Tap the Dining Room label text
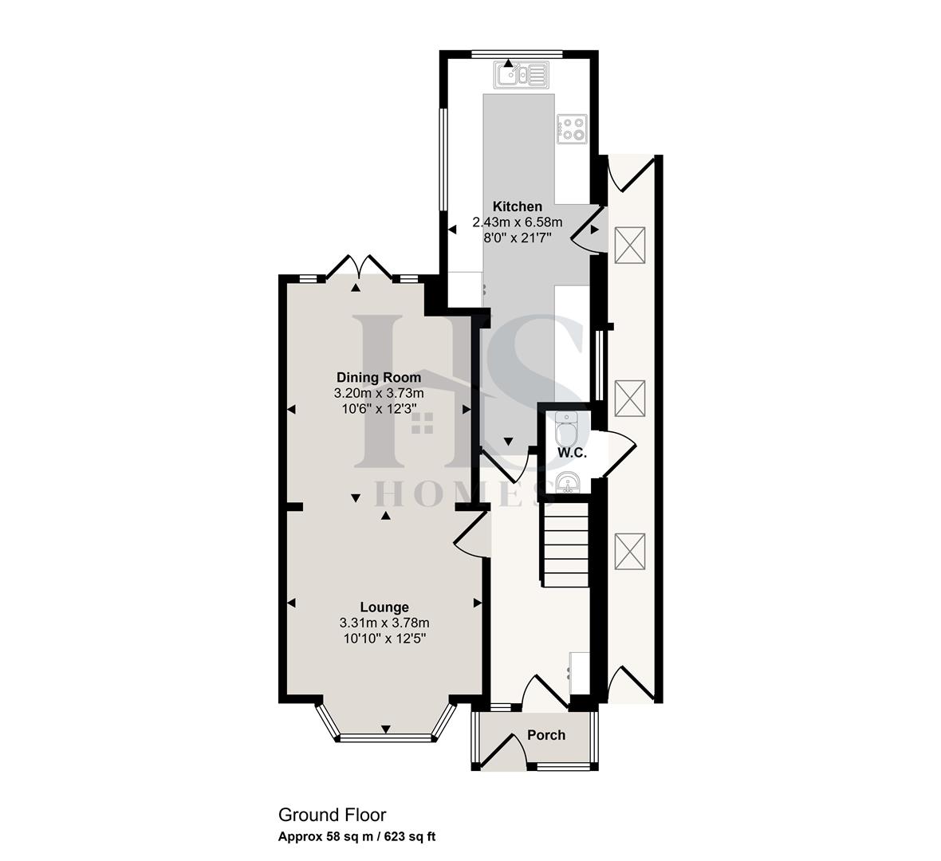379,377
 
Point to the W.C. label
572,453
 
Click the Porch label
546,735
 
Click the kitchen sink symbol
521,75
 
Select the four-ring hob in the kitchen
573,128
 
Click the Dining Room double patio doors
359,266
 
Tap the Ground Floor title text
332,815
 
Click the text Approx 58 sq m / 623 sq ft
356,837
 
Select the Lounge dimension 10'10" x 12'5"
384,638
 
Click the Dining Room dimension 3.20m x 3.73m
379,393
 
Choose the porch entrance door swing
504,750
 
